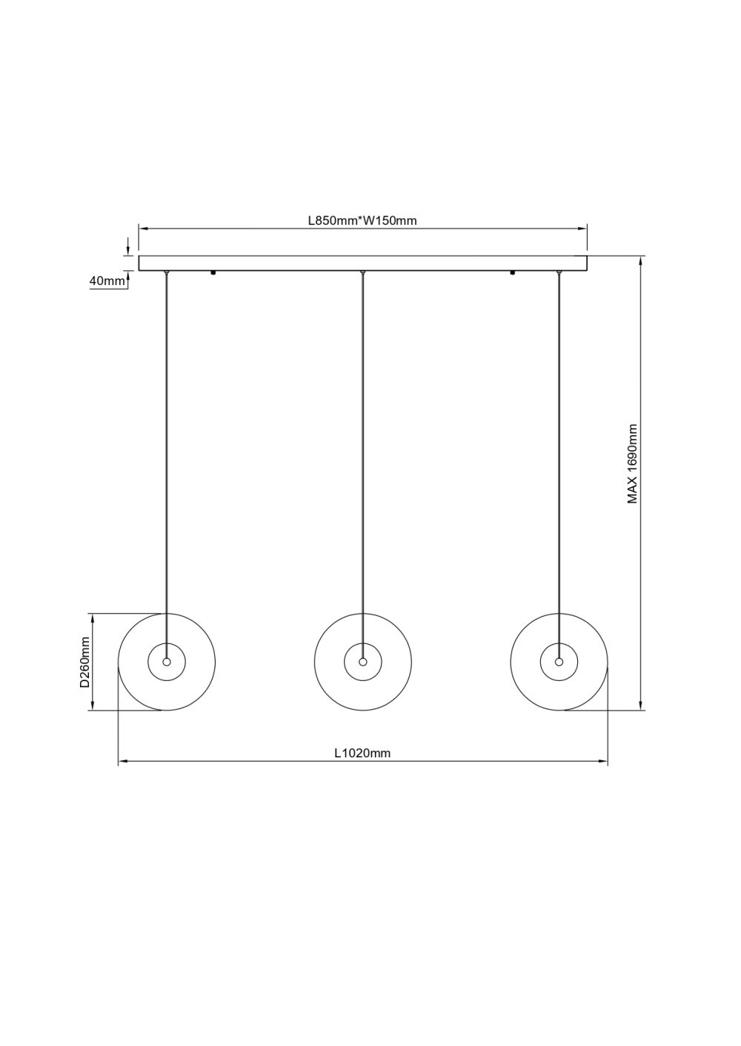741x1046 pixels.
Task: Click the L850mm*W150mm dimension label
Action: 363,221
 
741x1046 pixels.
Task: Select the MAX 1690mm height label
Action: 632,464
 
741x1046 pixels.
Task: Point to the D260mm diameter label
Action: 85,662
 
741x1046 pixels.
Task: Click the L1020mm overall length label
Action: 362,754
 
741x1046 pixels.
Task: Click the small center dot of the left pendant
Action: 167,661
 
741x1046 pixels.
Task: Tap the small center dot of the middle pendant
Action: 362,661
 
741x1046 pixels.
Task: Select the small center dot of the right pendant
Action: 559,661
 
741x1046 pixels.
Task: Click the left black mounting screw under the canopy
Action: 213,273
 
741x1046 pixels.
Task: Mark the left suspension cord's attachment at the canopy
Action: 167,273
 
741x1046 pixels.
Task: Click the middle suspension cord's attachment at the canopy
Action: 362,273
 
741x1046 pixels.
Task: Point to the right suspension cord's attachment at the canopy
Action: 559,273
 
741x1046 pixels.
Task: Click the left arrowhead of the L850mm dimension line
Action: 143,229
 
